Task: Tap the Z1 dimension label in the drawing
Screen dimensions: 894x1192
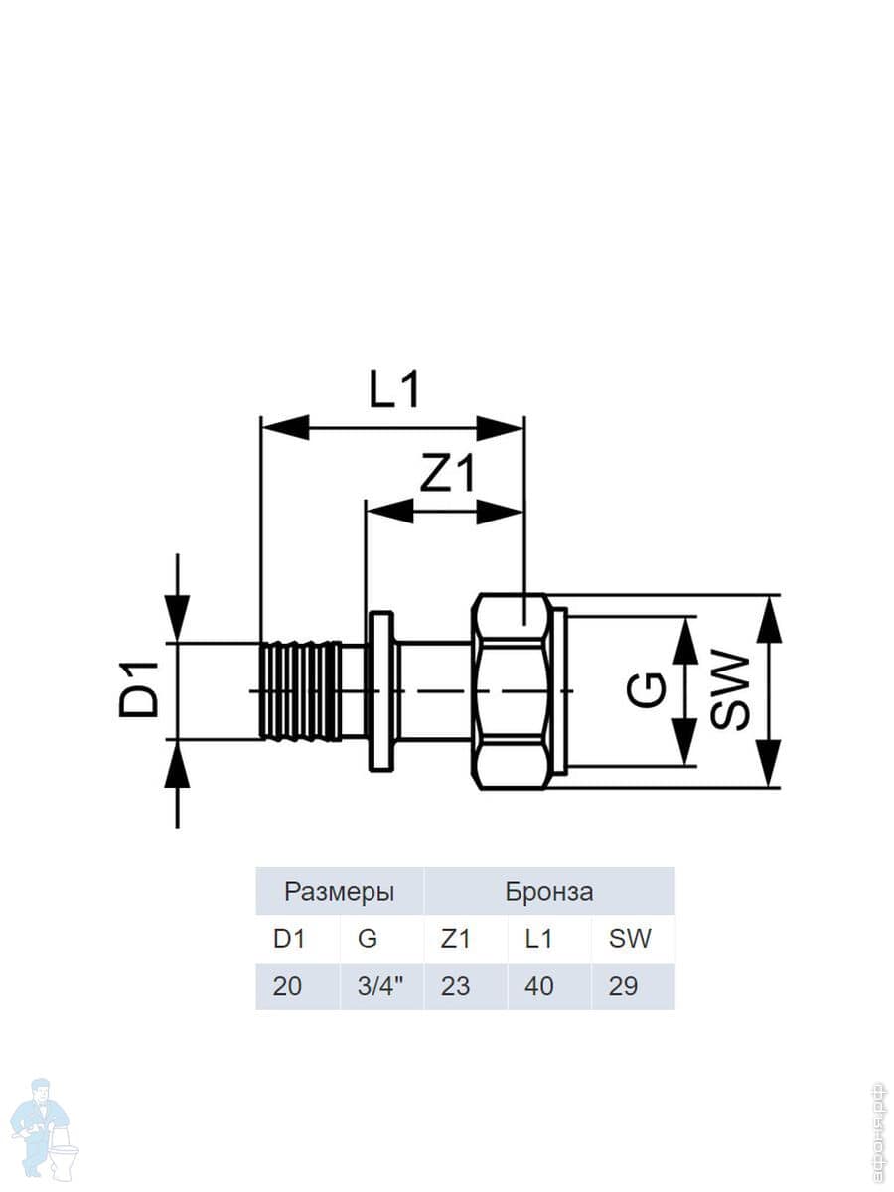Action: [447, 473]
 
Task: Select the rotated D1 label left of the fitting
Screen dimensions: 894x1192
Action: [139, 690]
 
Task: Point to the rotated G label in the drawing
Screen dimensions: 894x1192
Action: [646, 690]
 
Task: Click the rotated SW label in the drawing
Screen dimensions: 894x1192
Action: [730, 690]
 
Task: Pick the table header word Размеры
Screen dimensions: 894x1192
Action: [340, 892]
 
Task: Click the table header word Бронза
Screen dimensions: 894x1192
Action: [548, 892]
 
